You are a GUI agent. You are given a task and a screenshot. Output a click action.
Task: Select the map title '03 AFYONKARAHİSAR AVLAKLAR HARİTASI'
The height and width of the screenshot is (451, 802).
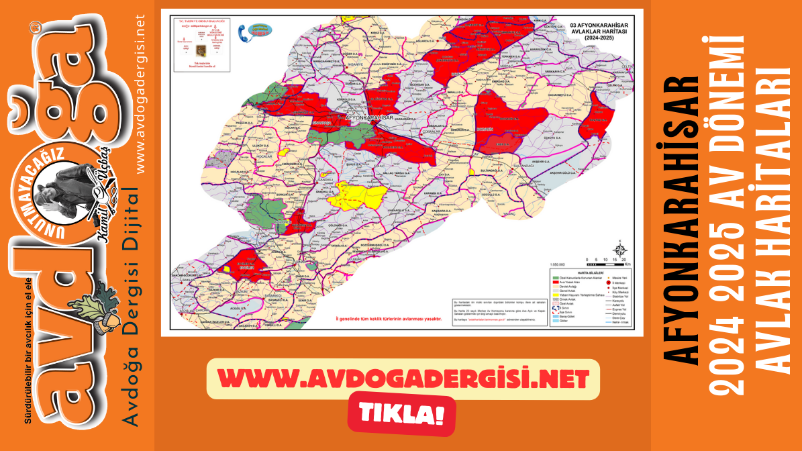point(596,32)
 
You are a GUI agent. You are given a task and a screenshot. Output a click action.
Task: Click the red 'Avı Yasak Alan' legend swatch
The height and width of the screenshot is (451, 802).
point(555,281)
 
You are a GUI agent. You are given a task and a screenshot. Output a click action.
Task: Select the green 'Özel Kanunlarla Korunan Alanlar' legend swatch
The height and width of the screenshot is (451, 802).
point(555,277)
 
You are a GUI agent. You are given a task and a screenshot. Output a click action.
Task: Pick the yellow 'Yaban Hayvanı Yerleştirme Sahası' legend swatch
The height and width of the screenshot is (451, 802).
point(555,295)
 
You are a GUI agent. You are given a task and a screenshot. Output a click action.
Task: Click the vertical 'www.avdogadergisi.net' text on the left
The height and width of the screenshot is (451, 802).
point(140,94)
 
